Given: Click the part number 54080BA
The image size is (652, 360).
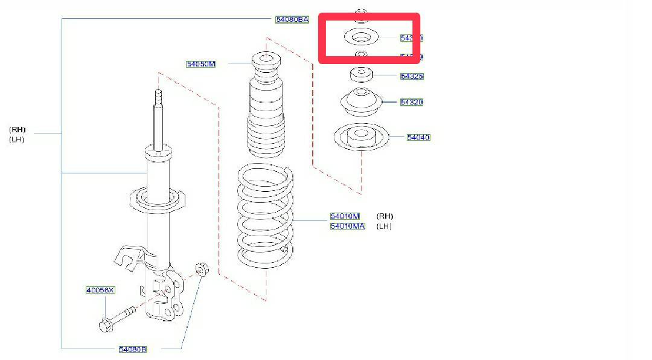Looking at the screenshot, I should coord(292,19).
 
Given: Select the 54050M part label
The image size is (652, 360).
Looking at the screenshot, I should coord(200,63).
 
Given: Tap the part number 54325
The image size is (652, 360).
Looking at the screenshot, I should coord(412,76).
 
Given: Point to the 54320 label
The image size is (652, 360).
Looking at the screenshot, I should coord(412,102).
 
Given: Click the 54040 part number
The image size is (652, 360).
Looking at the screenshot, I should coord(418,138).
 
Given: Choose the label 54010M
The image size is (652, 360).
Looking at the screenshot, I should coord(345,216).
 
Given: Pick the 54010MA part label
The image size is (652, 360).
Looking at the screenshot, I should coord(347,227).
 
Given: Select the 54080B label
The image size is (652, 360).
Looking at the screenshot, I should coord(132,349).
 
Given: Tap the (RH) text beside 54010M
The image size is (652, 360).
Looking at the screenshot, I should coord(385,216).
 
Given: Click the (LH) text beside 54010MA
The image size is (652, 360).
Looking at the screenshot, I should coord(384,227).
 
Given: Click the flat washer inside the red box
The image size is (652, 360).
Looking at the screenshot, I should coord(360,37).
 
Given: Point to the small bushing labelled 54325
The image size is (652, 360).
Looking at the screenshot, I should coord(361,75).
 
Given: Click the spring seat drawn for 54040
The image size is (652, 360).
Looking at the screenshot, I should coord(360,138).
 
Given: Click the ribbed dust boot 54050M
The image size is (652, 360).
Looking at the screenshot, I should coord(265,109).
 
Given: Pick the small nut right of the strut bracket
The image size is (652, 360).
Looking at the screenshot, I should coord(202,269).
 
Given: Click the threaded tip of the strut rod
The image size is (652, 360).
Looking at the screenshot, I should coord(159,98).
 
